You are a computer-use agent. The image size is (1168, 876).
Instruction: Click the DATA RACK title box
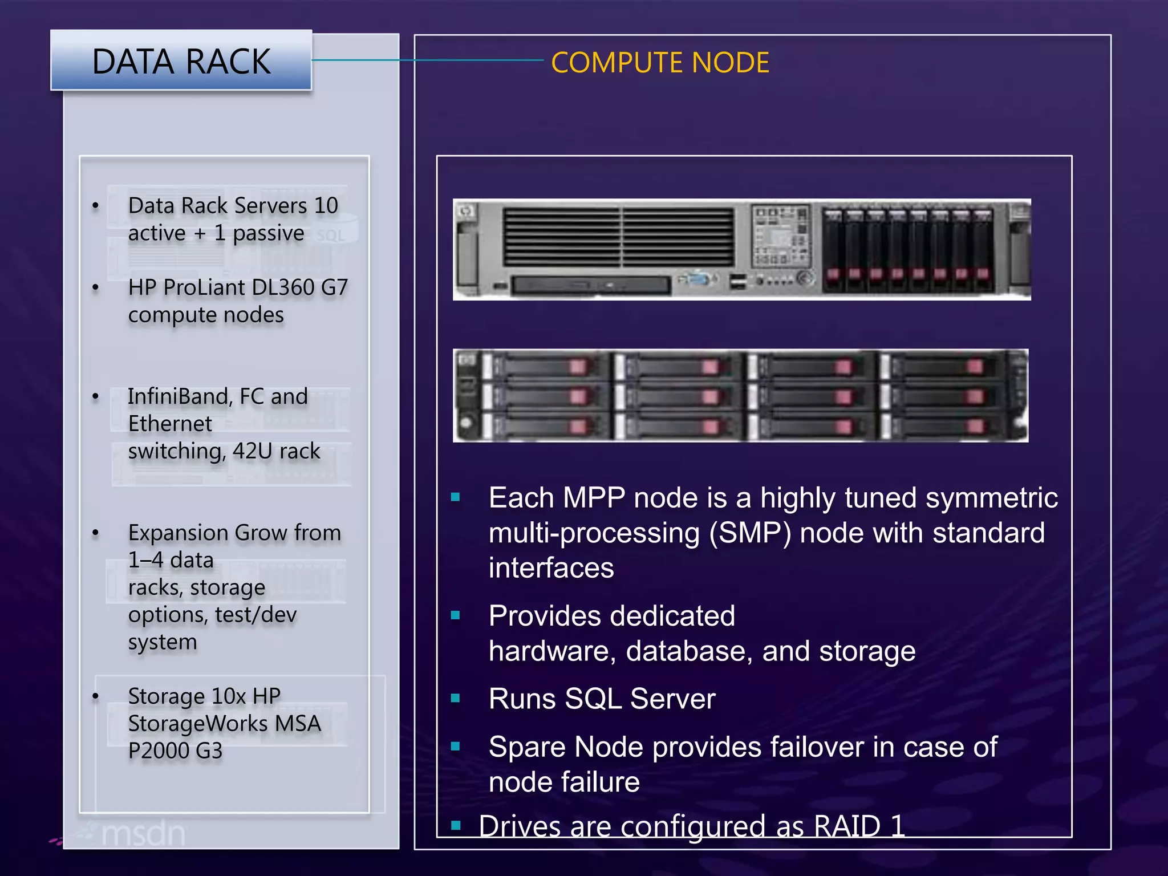point(181,60)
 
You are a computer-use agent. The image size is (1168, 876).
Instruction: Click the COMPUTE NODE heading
point(660,63)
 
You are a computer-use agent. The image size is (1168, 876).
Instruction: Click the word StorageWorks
point(197,724)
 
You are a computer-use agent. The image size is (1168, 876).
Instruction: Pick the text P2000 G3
point(175,751)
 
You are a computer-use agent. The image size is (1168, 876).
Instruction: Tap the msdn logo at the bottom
point(143,834)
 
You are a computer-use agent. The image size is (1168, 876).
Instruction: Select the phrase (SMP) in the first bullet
point(750,533)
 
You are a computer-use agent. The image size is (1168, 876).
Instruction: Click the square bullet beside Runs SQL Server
point(455,698)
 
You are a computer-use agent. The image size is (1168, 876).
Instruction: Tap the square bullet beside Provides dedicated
point(455,615)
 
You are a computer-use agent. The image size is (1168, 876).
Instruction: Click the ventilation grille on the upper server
point(618,237)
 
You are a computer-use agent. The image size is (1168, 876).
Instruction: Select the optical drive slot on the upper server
point(590,285)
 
